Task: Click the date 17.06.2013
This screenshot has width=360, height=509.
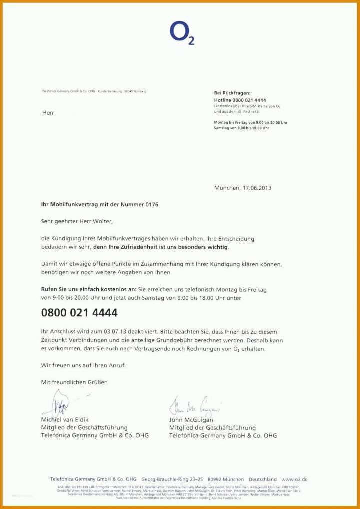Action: point(257,188)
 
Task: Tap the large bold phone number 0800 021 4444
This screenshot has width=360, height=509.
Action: point(79,313)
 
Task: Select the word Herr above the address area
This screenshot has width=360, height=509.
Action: point(48,113)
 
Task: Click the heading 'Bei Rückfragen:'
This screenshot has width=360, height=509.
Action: point(232,93)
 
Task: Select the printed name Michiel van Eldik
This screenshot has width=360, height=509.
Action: point(65,420)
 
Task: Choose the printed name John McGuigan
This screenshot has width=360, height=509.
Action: point(191,420)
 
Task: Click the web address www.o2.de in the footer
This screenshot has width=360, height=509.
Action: point(294,479)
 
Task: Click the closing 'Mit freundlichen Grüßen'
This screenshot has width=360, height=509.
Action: point(74,382)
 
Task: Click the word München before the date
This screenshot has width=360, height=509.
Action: point(227,188)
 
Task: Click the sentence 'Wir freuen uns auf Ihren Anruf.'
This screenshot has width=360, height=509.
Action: point(83,365)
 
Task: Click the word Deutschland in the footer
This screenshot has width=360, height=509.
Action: point(262,479)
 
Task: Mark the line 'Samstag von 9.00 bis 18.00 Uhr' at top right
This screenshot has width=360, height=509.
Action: point(242,128)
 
